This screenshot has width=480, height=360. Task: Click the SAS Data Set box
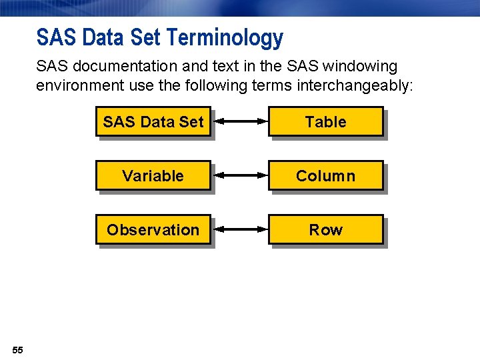click(x=153, y=122)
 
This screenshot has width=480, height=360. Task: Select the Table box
click(x=325, y=122)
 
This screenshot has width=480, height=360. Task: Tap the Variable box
click(x=153, y=176)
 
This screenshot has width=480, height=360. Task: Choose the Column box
click(x=325, y=176)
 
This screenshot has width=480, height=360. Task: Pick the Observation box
click(x=153, y=230)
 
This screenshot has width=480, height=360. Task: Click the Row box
click(x=325, y=230)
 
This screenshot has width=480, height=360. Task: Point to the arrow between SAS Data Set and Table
click(x=241, y=121)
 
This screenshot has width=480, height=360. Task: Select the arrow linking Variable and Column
click(x=241, y=175)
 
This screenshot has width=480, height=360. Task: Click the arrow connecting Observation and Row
click(x=241, y=229)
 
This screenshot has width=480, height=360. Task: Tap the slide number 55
click(x=17, y=350)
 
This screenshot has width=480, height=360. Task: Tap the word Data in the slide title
click(x=103, y=38)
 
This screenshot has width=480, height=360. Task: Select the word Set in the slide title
click(x=146, y=38)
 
